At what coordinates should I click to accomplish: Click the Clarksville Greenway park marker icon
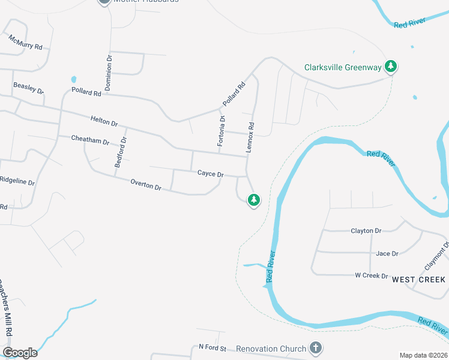click(391, 66)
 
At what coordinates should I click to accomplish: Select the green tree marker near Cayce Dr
click(254, 199)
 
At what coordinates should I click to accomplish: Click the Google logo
click(20, 352)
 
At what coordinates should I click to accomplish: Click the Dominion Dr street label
click(109, 73)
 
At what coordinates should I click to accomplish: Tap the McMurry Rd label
click(25, 42)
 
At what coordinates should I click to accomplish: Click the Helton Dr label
click(104, 121)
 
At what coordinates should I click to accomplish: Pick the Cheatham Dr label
click(90, 141)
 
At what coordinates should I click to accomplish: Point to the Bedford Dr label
click(121, 152)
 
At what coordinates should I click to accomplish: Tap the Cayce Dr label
click(211, 173)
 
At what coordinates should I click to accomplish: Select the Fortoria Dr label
click(222, 131)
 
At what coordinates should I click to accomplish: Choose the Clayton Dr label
click(366, 230)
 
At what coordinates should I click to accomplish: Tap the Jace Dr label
click(387, 253)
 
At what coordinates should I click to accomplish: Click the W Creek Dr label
click(372, 275)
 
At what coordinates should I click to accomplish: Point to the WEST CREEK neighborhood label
click(418, 280)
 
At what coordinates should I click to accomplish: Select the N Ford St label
click(212, 347)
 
